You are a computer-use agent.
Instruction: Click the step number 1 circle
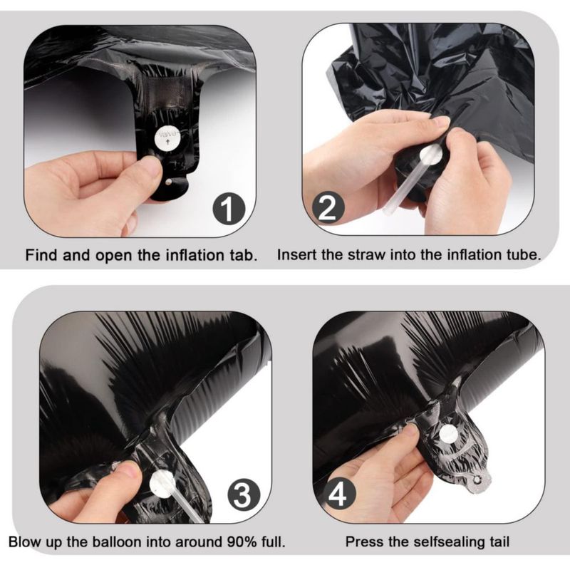pyautogui.click(x=229, y=209)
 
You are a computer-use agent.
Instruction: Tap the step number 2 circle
pyautogui.click(x=328, y=207)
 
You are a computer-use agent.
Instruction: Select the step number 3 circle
pyautogui.click(x=244, y=494)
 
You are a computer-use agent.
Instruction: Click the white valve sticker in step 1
pyautogui.click(x=167, y=138)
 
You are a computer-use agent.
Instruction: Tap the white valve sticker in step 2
pyautogui.click(x=431, y=154)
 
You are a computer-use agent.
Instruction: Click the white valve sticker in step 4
pyautogui.click(x=449, y=434)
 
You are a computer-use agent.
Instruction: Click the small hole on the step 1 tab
pyautogui.click(x=167, y=182)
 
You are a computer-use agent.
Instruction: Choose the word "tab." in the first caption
pyautogui.click(x=243, y=255)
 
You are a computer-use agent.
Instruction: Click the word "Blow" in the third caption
pyautogui.click(x=25, y=542)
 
